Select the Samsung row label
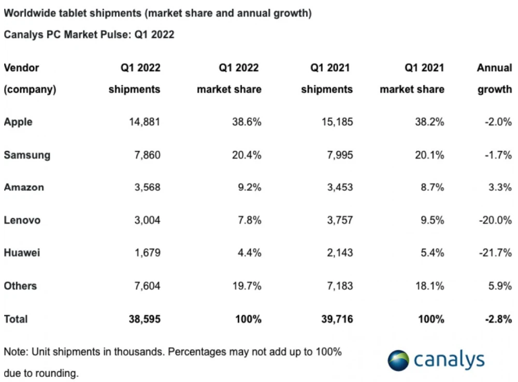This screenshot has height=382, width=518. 27,155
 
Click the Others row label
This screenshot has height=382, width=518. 20,286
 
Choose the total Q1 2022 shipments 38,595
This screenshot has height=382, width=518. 144,319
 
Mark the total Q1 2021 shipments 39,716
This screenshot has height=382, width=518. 336,319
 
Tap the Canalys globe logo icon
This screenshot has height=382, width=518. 398,360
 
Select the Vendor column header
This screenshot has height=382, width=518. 21,68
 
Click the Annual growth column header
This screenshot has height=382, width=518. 494,78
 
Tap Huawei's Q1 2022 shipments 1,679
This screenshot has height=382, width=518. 147,253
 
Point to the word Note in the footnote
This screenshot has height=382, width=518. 15,352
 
